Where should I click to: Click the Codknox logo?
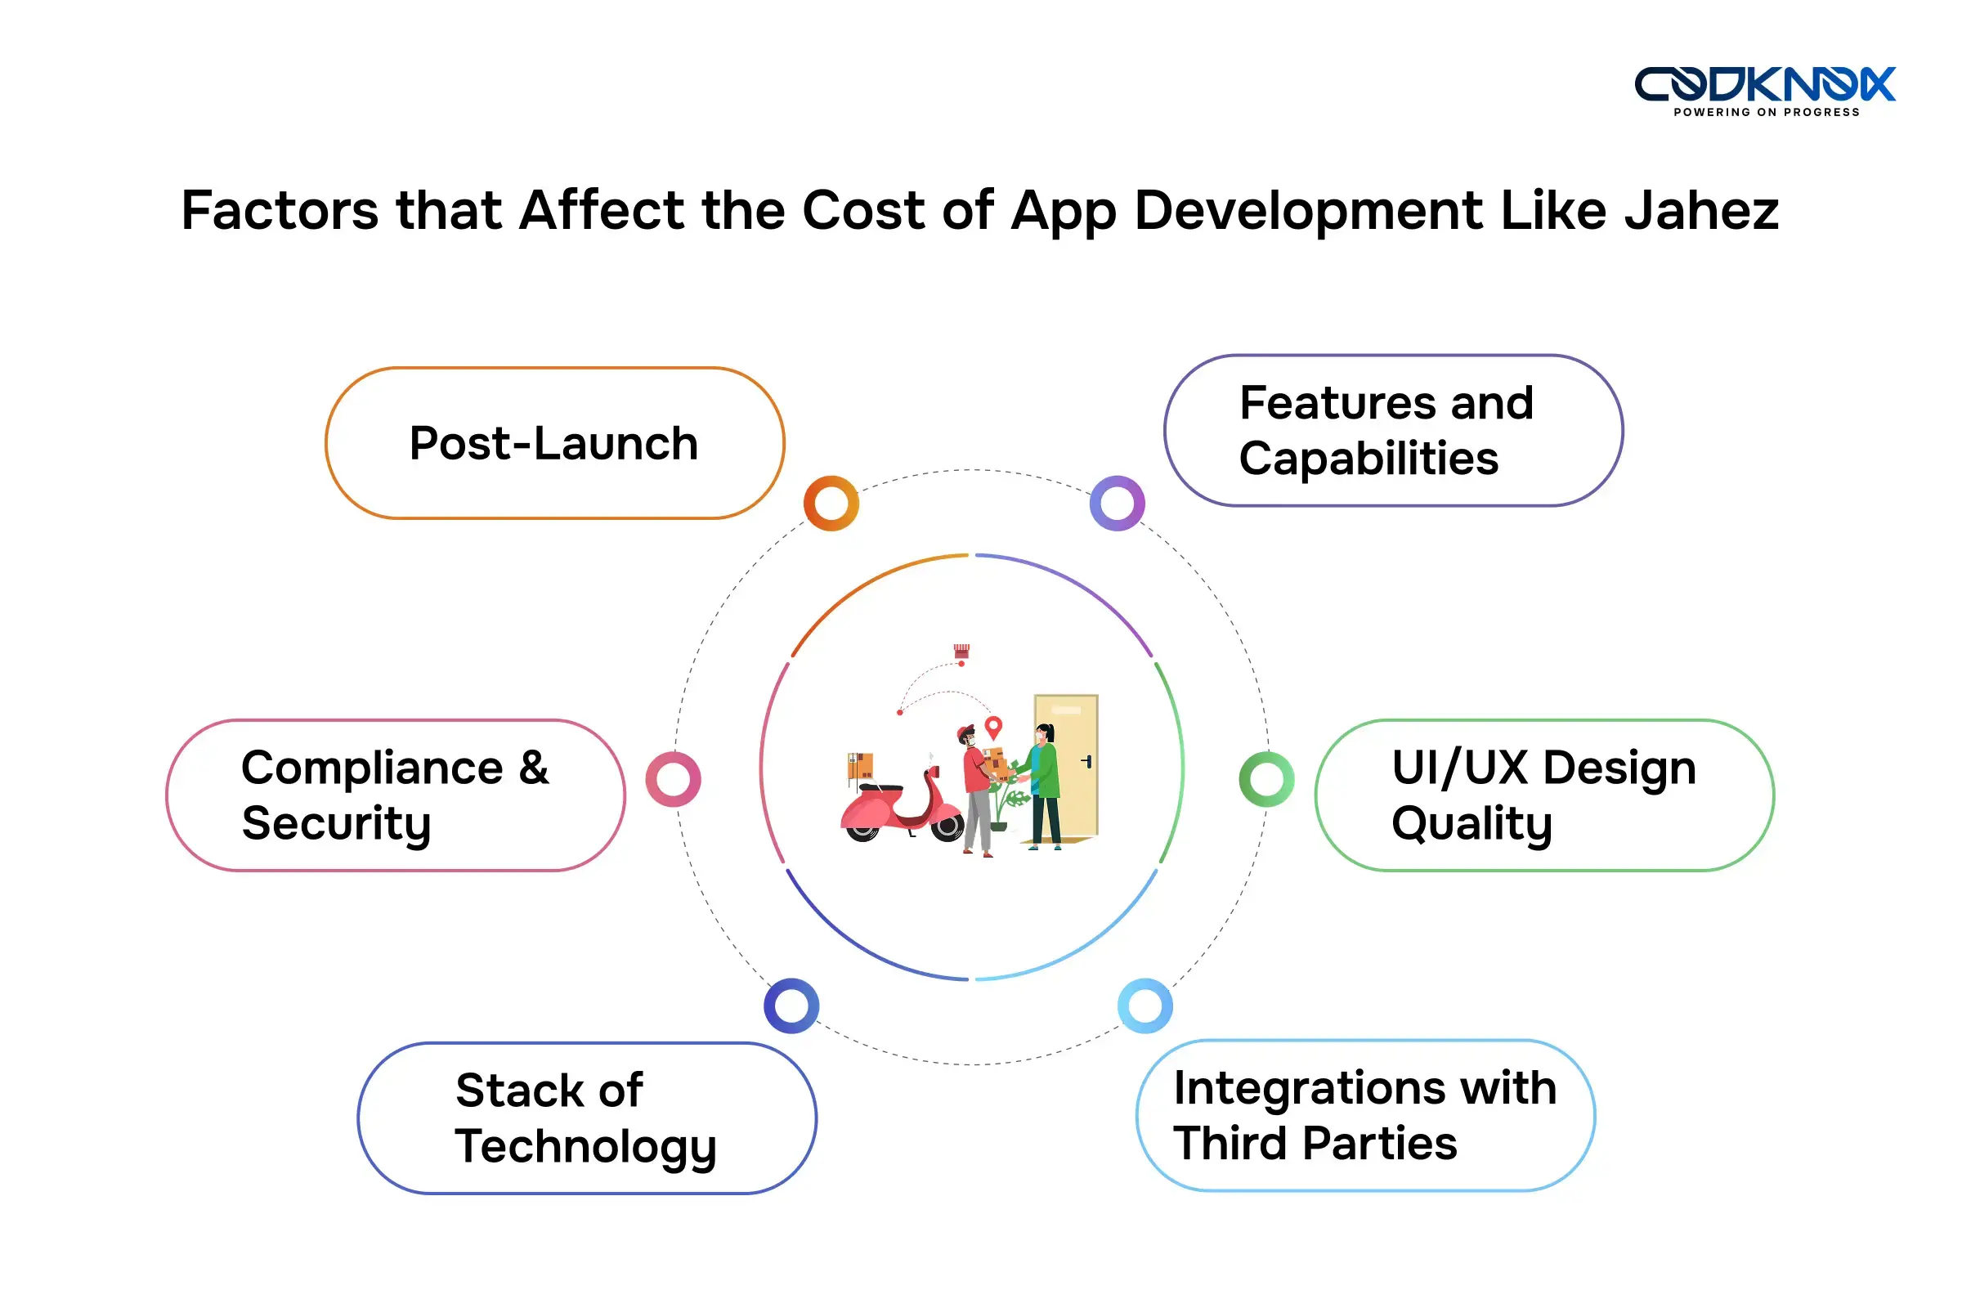[1763, 83]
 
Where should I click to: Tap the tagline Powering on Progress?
[1766, 113]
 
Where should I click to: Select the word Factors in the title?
[280, 210]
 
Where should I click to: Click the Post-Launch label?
[554, 443]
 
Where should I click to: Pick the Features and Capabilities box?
[1393, 431]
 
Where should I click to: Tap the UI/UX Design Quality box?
[1544, 795]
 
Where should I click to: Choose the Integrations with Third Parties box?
[1365, 1115]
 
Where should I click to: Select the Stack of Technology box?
[586, 1118]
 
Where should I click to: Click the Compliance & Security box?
[396, 795]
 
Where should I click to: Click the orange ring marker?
[831, 503]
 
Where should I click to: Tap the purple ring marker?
[1117, 503]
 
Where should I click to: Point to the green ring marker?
[1266, 779]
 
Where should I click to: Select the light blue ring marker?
[1144, 1006]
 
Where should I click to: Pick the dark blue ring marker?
[791, 1006]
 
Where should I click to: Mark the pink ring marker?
[673, 779]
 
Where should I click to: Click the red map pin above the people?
[992, 727]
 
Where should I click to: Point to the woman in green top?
[1045, 784]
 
